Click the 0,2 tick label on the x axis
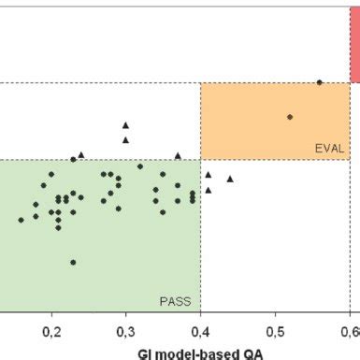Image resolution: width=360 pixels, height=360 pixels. [x=51, y=331]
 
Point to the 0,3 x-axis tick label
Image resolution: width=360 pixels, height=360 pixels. [x=126, y=331]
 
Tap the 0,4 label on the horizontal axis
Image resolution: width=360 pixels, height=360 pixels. [x=200, y=331]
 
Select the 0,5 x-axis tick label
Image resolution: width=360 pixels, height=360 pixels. [x=275, y=331]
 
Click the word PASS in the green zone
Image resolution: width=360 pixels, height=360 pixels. [x=175, y=301]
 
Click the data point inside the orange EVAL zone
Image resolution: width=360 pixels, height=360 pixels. [x=290, y=117]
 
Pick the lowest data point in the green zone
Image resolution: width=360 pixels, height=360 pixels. [x=73, y=262]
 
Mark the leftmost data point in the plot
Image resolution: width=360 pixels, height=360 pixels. [x=21, y=220]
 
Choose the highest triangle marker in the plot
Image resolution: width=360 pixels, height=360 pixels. [x=125, y=124]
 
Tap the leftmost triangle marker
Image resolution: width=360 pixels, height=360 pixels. [x=81, y=154]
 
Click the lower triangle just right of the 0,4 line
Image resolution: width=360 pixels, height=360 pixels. [x=209, y=190]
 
